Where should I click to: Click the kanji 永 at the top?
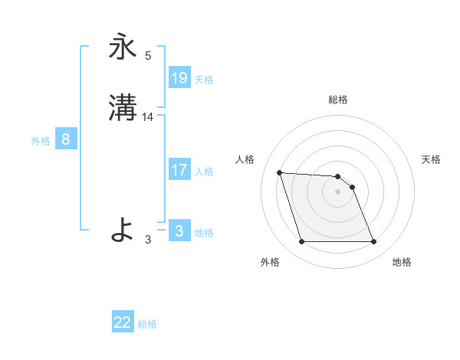pos(123,47)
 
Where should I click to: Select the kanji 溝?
pos(123,107)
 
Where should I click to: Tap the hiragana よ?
pos(123,229)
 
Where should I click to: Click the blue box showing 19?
pos(179,77)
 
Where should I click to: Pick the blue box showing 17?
pos(179,169)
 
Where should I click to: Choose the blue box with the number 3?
pos(179,231)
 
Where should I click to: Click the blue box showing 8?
pos(66,139)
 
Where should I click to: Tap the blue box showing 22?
pos(123,322)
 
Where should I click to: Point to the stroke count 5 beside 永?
pos(149,56)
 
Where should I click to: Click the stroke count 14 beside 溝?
pos(149,117)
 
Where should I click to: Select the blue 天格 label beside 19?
pos(204,79)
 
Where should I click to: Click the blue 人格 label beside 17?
pos(204,171)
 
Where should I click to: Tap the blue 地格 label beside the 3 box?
pos(204,232)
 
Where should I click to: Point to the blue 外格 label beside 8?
pos(41,141)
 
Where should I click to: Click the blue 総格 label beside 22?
pos(147,324)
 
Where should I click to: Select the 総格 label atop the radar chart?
pos(338,100)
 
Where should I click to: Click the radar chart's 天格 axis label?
pos(431,159)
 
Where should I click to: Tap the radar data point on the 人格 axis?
pos(280,172)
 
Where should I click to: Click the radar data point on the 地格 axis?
pos(374,242)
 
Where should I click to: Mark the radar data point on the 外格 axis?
pos(301,242)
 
